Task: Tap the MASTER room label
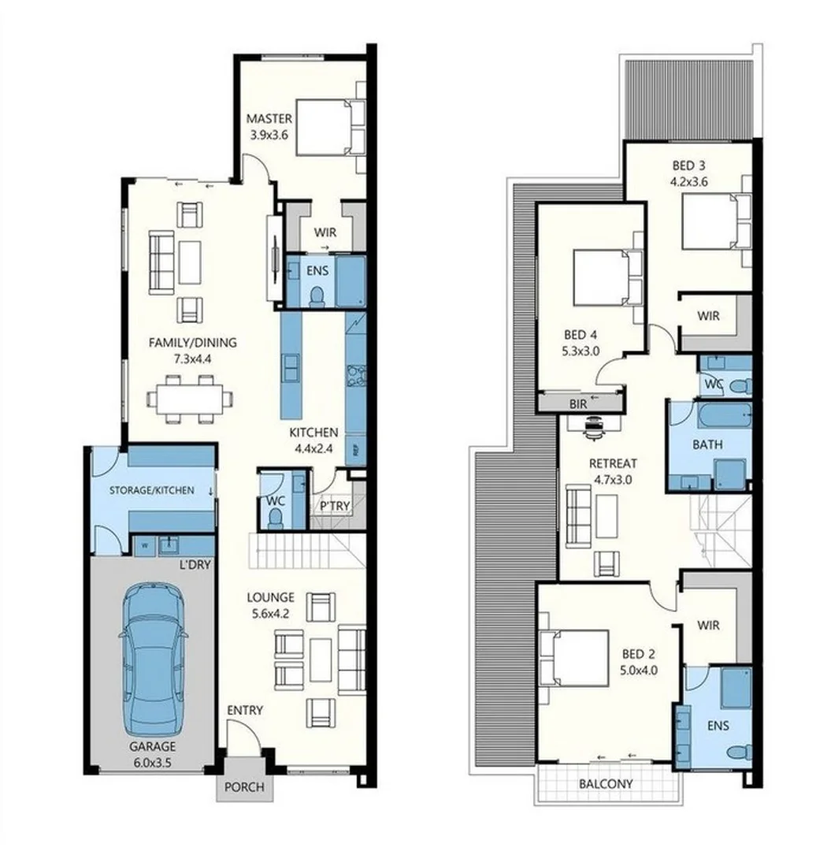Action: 269,120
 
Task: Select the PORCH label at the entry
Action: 244,787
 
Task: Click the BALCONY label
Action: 606,784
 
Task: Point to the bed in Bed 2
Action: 573,658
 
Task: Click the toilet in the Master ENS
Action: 317,295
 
